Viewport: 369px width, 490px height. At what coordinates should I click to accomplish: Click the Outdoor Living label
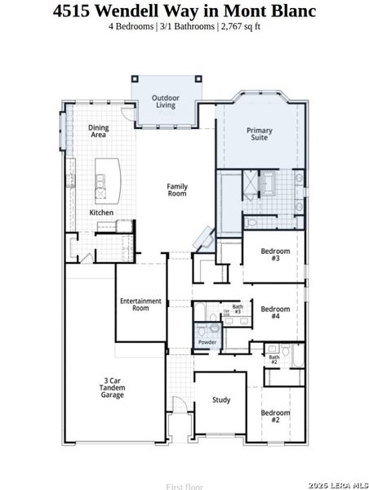(x=165, y=101)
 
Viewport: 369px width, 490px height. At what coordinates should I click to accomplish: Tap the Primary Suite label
(x=260, y=135)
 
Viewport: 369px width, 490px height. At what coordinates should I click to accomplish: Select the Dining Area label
(x=99, y=131)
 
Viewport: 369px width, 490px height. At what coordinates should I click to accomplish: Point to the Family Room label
(x=177, y=190)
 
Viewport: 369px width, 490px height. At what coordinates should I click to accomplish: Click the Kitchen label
(x=101, y=213)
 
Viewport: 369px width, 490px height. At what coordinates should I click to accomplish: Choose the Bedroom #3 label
(x=275, y=255)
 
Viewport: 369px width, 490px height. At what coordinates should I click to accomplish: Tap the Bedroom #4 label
(x=275, y=313)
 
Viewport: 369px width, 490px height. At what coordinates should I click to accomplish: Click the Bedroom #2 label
(x=275, y=416)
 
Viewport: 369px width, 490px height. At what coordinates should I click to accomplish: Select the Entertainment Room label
(x=140, y=305)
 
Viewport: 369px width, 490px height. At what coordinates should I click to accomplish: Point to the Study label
(x=221, y=400)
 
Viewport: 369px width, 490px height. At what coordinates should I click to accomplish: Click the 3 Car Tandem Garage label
(x=113, y=388)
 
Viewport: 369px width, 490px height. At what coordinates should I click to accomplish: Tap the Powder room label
(x=207, y=342)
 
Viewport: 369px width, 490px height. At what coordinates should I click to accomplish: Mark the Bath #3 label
(x=237, y=310)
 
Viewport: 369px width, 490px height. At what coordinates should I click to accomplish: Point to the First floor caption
(x=184, y=486)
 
